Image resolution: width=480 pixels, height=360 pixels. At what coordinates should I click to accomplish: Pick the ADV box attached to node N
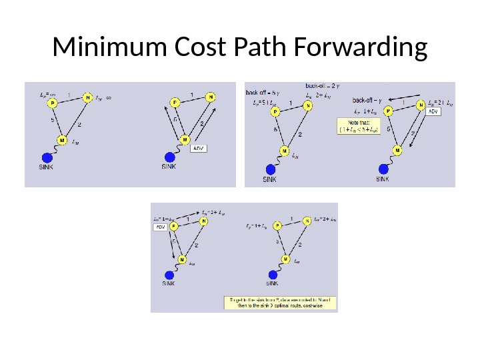pyautogui.click(x=433, y=112)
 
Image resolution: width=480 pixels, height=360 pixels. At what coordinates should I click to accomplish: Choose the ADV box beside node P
pyautogui.click(x=160, y=227)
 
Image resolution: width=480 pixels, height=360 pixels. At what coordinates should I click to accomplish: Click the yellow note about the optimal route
pyautogui.click(x=279, y=303)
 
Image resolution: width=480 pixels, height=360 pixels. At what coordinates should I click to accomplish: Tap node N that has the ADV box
pyautogui.click(x=420, y=105)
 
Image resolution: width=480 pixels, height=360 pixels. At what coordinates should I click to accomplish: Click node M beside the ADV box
pyautogui.click(x=185, y=139)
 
